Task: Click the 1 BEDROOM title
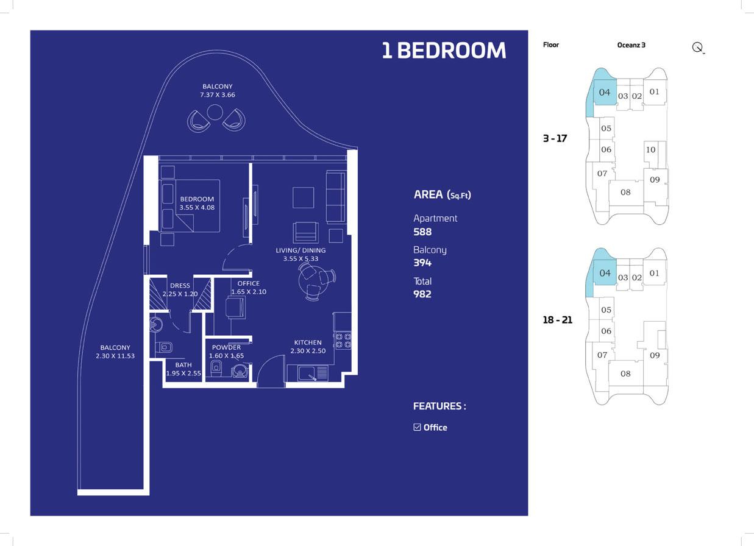click(x=444, y=51)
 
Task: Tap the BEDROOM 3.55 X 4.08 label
click(x=197, y=203)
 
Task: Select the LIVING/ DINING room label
click(x=301, y=254)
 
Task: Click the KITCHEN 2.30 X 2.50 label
click(x=308, y=347)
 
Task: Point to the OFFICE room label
click(x=249, y=288)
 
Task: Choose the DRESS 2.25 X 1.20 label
click(x=180, y=289)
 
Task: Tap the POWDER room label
click(x=226, y=352)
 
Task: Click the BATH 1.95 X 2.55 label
click(x=183, y=369)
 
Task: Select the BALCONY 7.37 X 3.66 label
click(x=218, y=91)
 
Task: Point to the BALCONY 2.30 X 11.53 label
click(x=115, y=352)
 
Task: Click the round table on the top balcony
click(x=215, y=112)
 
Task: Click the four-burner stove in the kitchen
click(x=343, y=340)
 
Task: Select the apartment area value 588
click(x=422, y=232)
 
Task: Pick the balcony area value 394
click(x=422, y=263)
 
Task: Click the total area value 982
click(x=422, y=294)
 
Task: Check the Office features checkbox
click(x=417, y=427)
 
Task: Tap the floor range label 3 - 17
click(x=555, y=138)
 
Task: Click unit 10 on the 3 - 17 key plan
click(x=650, y=150)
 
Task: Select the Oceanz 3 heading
click(x=631, y=45)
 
